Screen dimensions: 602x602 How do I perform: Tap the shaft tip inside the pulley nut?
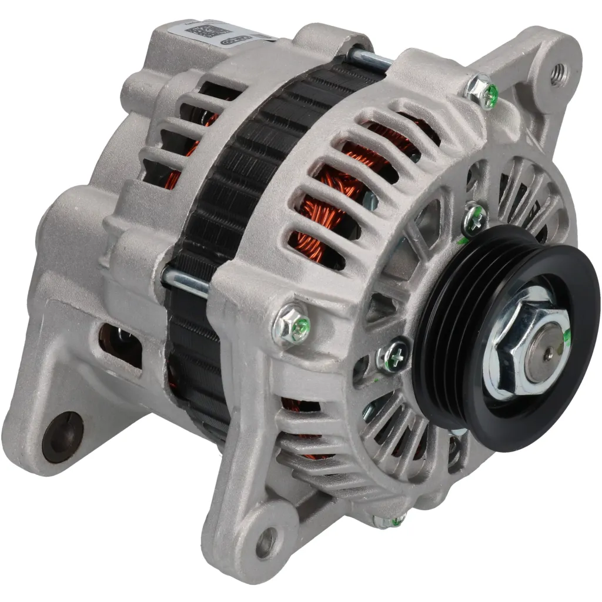coord(547,354)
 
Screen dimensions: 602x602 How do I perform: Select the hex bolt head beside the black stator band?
coord(292,323)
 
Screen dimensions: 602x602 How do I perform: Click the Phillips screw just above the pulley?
coord(474,219)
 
